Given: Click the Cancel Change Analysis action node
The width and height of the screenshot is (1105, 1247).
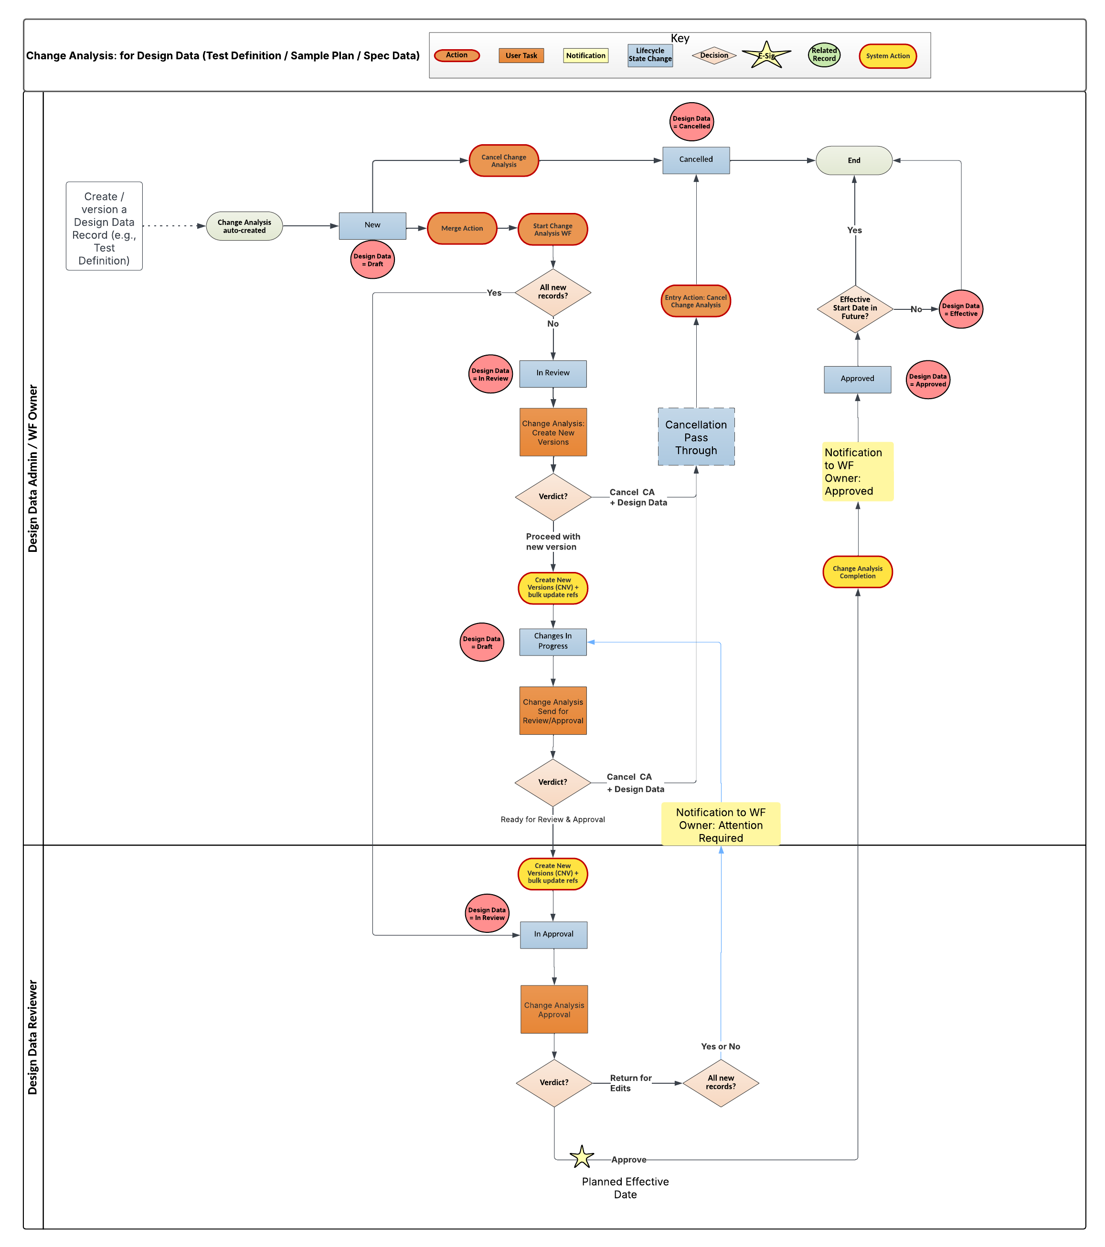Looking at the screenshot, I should coord(503,160).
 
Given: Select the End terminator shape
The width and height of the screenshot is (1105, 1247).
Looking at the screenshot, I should coord(854,160).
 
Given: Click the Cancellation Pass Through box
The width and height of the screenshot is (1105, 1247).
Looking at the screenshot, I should coord(696,437).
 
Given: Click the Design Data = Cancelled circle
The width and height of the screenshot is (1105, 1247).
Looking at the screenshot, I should coord(691,122).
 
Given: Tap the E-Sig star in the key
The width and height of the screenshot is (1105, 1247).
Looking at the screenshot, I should coord(766,55).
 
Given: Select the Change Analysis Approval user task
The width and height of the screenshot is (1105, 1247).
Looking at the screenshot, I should coord(554,1009).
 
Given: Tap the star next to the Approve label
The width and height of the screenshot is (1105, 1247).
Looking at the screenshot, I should coord(582,1157).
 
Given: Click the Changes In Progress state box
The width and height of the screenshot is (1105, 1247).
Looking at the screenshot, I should coord(553,641).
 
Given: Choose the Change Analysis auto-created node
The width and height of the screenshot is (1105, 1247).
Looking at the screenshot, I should coord(244,226).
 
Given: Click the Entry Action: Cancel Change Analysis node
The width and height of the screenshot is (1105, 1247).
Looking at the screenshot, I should coord(696,301).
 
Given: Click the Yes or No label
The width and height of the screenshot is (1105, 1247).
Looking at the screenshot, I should coord(720,1046).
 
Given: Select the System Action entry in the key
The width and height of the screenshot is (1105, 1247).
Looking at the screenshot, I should coord(887,56).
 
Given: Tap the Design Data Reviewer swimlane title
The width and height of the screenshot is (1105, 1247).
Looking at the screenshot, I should coord(33,1036).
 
